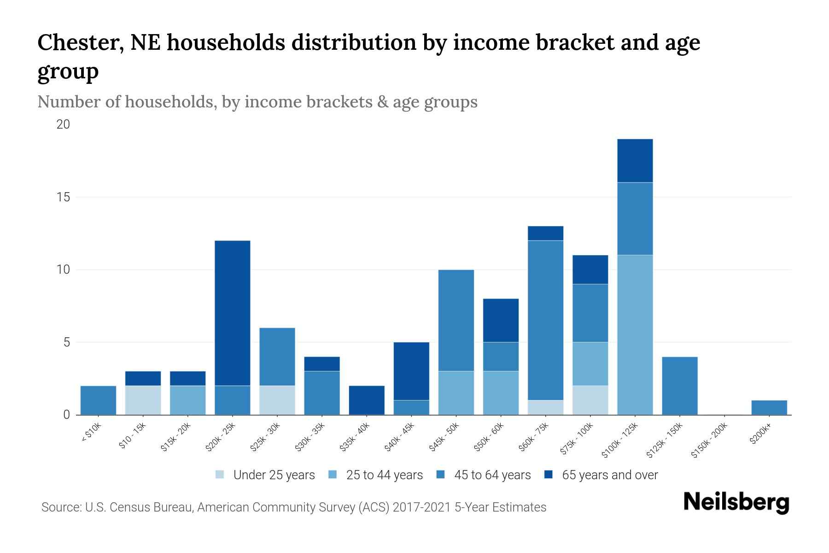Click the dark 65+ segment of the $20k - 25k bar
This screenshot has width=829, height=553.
[x=233, y=313]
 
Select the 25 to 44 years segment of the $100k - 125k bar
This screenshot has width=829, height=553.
[x=635, y=335]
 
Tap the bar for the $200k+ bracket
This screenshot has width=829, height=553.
[x=769, y=407]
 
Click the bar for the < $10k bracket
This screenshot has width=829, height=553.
[x=98, y=400]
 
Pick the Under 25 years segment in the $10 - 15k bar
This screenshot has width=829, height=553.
[x=143, y=400]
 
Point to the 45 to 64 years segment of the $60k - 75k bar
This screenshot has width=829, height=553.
[x=545, y=320]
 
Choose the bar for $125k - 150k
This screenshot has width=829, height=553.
[x=679, y=386]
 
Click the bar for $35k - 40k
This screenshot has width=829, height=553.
[x=367, y=400]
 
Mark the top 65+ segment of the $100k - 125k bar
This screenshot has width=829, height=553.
[x=635, y=160]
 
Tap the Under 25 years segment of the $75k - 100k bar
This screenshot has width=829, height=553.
[x=590, y=400]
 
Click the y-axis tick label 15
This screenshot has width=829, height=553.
[x=64, y=197]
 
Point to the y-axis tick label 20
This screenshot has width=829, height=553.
[x=63, y=124]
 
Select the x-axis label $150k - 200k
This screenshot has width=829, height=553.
[x=709, y=440]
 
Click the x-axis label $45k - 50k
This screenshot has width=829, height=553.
[x=444, y=437]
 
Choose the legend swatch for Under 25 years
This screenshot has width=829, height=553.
[x=220, y=475]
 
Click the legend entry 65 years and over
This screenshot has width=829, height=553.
[x=609, y=475]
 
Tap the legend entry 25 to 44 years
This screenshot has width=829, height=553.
[x=384, y=475]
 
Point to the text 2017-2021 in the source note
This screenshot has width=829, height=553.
[x=421, y=507]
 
